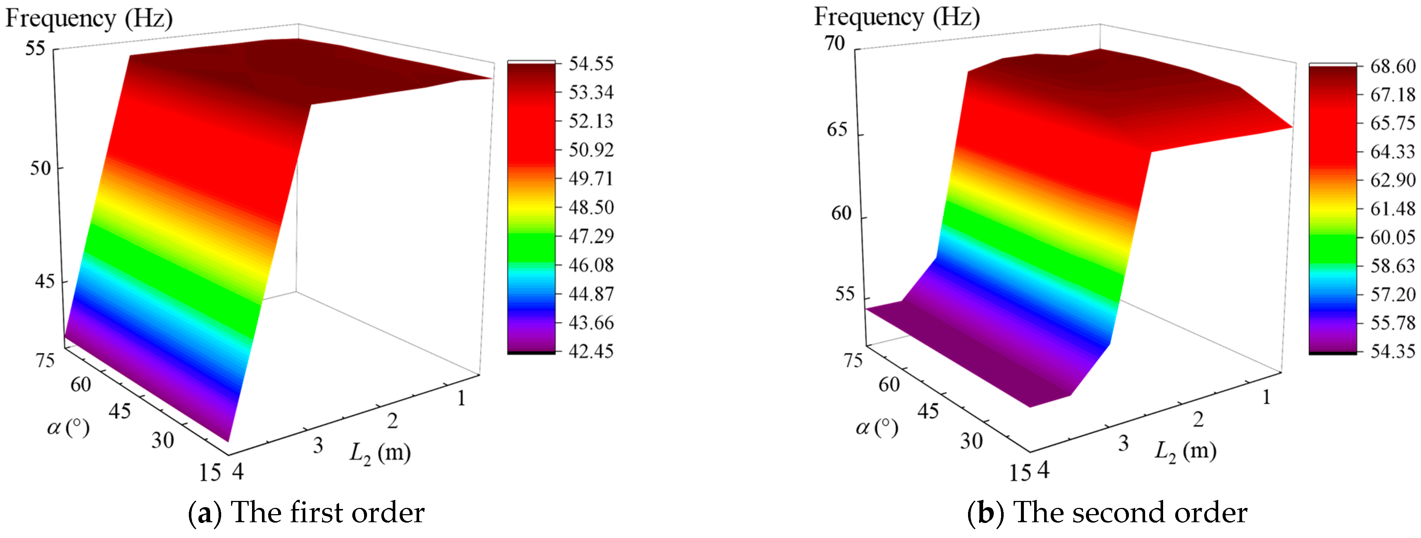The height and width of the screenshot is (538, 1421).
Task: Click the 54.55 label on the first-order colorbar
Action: point(591,63)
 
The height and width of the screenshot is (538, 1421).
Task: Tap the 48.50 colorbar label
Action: point(591,207)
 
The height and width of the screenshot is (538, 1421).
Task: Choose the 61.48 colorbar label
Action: point(1393,208)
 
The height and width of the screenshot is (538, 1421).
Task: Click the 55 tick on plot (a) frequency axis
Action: point(35,48)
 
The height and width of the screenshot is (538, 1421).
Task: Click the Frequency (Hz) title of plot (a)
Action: point(89,19)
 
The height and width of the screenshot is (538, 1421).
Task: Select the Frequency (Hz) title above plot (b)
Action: point(897,17)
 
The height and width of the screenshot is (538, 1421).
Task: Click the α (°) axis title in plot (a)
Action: point(68,427)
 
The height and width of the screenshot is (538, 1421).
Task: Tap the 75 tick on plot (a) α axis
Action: point(45,360)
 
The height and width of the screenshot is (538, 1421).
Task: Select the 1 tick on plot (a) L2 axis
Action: point(461,397)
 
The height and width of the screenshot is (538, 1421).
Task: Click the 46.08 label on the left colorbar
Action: point(591,265)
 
